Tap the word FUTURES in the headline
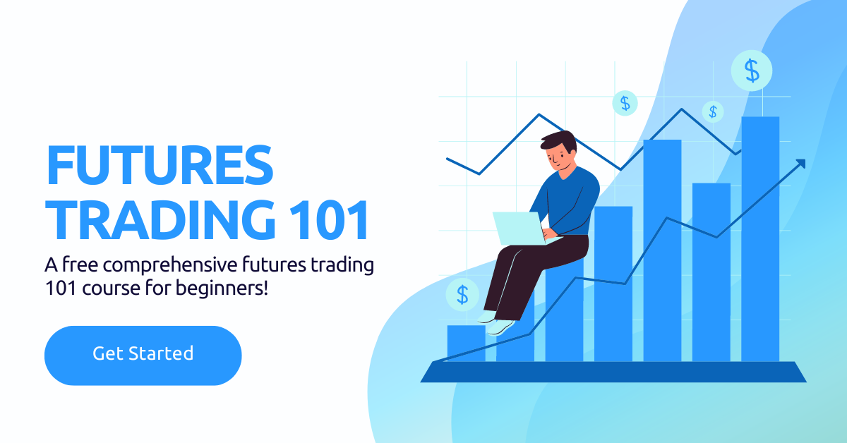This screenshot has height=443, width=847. [x=159, y=164]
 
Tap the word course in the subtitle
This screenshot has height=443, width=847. [x=107, y=289]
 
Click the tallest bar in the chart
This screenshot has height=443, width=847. [x=760, y=240]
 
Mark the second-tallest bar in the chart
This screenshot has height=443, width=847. [x=662, y=250]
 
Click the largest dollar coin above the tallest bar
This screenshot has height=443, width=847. [x=752, y=71]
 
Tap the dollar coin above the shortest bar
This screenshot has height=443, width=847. [x=462, y=294]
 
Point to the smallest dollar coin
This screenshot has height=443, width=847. [x=713, y=111]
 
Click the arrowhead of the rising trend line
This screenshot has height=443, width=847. [x=800, y=164]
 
